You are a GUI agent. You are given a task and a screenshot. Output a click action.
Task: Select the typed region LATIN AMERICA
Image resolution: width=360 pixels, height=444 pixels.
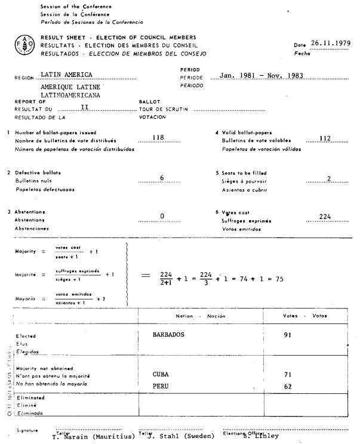pyautogui.click(x=69, y=75)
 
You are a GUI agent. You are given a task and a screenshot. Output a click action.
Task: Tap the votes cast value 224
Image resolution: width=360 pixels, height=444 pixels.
pyautogui.click(x=325, y=216)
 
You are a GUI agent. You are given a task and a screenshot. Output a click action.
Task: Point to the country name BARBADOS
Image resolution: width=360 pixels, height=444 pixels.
pyautogui.click(x=173, y=335)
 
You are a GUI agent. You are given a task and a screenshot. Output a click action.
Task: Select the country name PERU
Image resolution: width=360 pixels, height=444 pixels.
pyautogui.click(x=161, y=386)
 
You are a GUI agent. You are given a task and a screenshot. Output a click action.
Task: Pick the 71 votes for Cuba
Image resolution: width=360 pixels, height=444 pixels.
pyautogui.click(x=288, y=374)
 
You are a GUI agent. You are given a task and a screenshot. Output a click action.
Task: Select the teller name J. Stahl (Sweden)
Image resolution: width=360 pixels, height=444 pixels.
pyautogui.click(x=179, y=436)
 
